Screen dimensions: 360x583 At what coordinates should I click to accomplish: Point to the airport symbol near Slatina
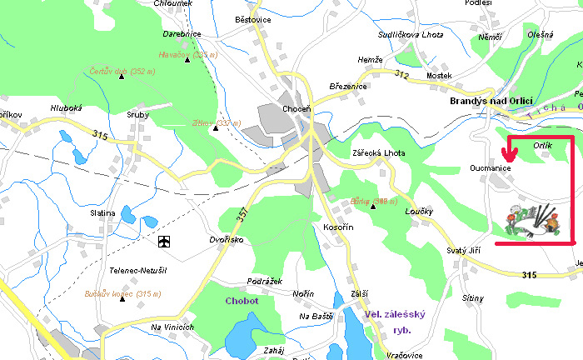(x=164, y=242)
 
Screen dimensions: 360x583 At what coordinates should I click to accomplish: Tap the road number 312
(x=402, y=75)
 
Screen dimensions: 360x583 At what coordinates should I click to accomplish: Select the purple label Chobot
(x=242, y=301)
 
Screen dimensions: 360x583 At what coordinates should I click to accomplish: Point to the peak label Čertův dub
(x=122, y=71)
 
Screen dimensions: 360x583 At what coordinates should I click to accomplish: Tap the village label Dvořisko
(x=226, y=240)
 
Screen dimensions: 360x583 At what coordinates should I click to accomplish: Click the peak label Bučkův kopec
(x=122, y=293)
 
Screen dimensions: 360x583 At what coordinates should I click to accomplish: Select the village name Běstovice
(x=254, y=18)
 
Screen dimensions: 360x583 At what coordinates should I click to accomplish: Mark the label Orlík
(x=541, y=145)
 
